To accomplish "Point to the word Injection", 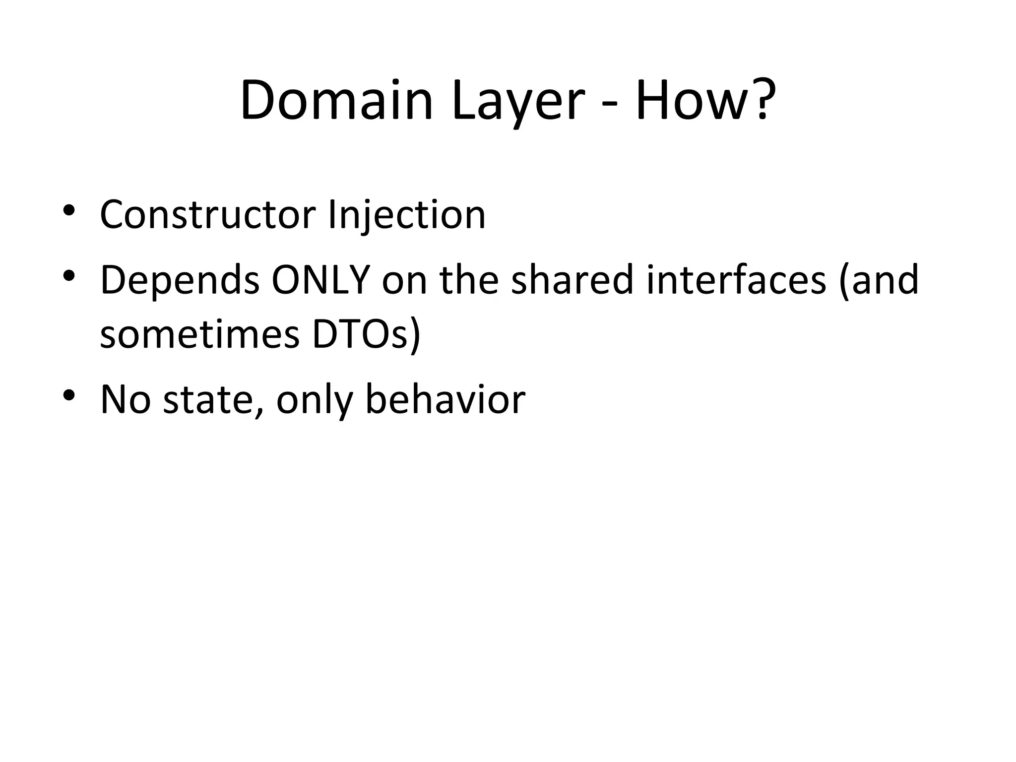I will coord(407,216).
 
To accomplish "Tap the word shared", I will coord(572,280).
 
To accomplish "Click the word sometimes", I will coord(200,335).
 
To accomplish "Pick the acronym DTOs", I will coord(367,335).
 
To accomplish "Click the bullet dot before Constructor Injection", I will coord(69,210).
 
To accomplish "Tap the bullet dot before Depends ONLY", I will coord(69,275).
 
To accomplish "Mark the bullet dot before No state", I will coord(69,394).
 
